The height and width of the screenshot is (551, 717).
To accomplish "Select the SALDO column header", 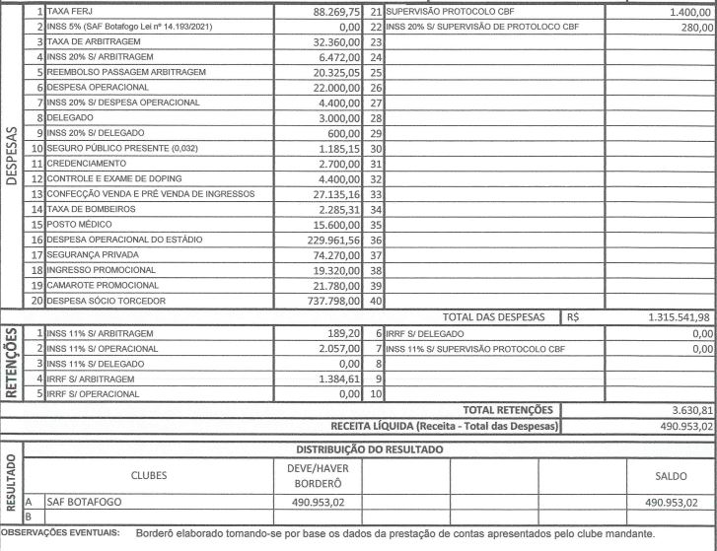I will click(671, 475).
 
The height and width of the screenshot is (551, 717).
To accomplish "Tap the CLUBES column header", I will click(148, 475).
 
